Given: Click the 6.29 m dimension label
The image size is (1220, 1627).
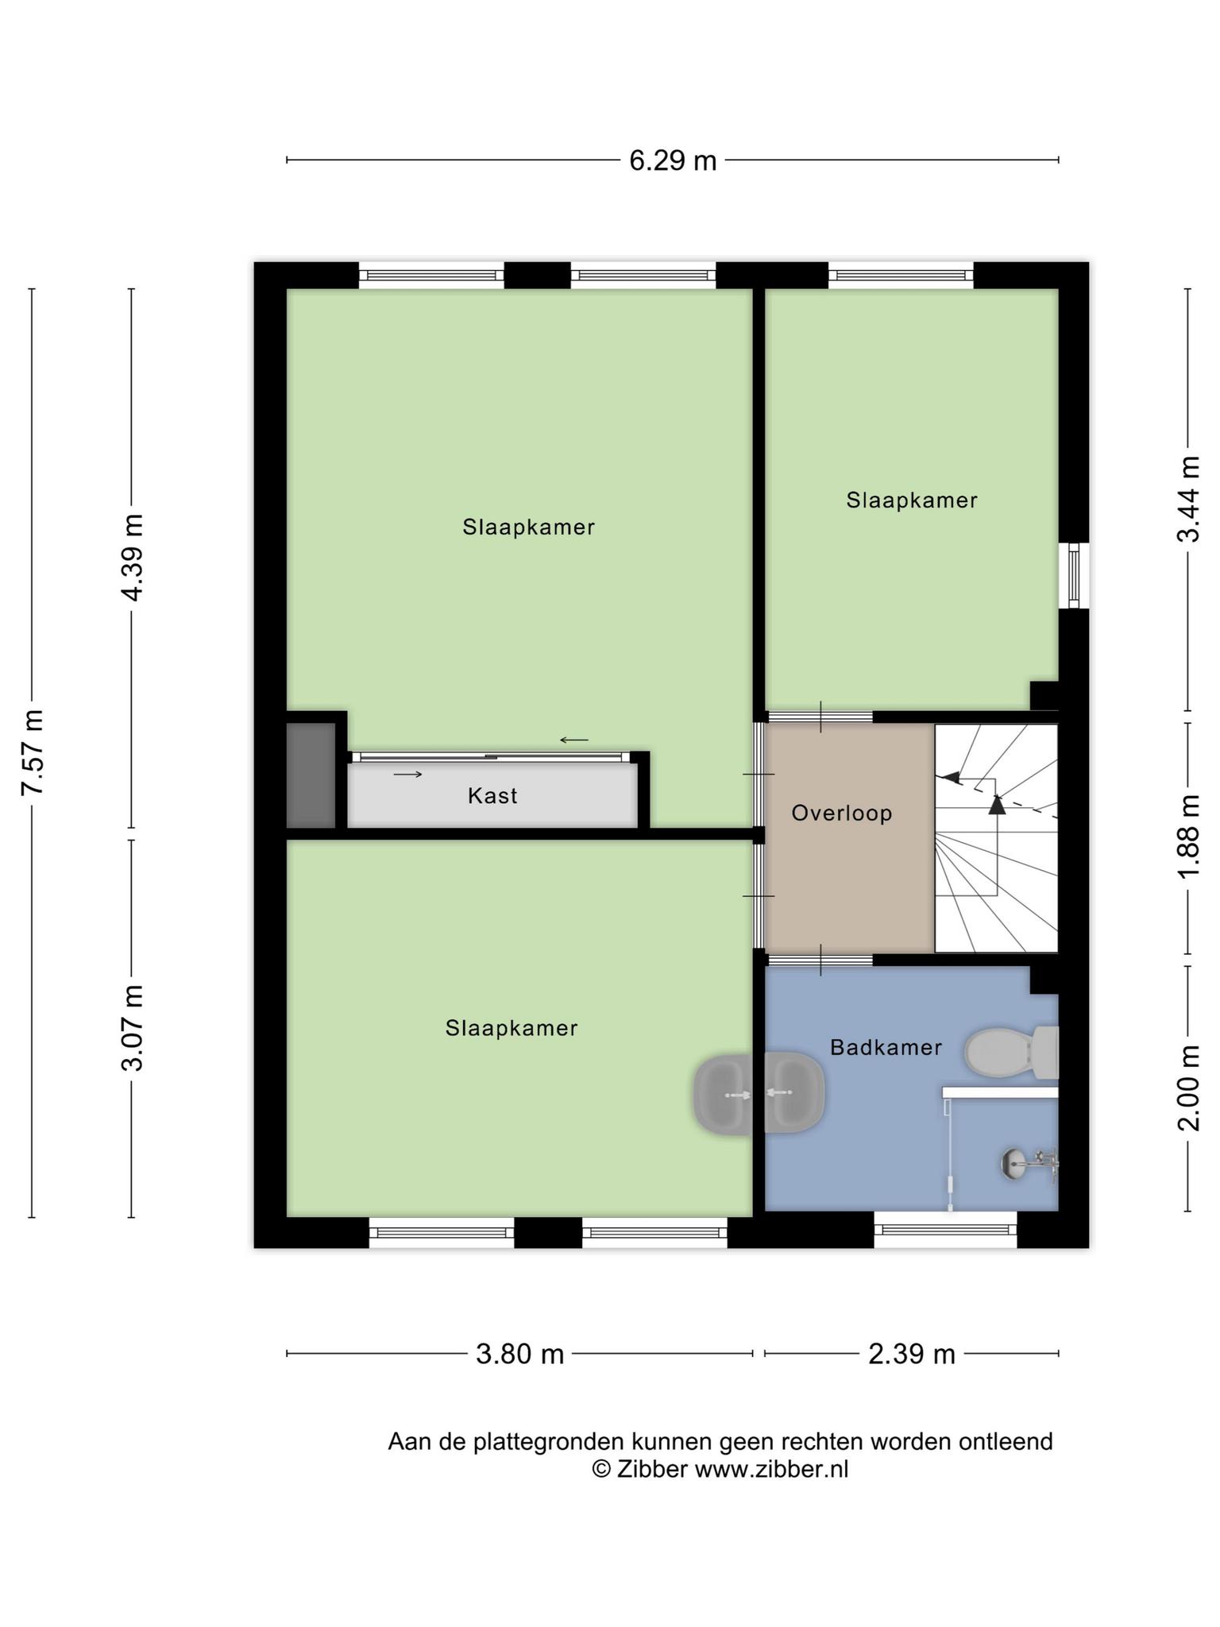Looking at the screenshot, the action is pyautogui.click(x=673, y=161).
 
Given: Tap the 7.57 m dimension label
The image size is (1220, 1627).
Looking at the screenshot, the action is pyautogui.click(x=33, y=751).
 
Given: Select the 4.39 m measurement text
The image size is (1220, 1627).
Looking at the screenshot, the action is pyautogui.click(x=133, y=557).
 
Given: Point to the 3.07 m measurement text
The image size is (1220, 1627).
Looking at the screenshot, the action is pyautogui.click(x=133, y=1028).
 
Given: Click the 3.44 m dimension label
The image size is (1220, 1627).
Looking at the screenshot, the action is pyautogui.click(x=1188, y=499).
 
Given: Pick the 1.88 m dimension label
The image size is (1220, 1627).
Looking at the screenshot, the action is pyautogui.click(x=1188, y=837).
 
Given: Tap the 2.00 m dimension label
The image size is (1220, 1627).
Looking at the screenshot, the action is pyautogui.click(x=1188, y=1088).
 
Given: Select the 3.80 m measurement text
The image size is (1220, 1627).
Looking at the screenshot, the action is pyautogui.click(x=519, y=1354).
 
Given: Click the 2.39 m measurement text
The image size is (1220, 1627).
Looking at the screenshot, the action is pyautogui.click(x=912, y=1354).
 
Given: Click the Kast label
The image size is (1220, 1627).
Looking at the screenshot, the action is pyautogui.click(x=492, y=796).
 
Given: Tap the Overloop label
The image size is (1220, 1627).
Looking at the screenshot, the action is pyautogui.click(x=842, y=813).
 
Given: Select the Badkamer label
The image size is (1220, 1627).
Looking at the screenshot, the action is pyautogui.click(x=886, y=1048).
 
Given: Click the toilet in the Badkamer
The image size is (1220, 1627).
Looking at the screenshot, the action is pyautogui.click(x=1011, y=1052).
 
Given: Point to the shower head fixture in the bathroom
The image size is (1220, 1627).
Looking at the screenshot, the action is pyautogui.click(x=1029, y=1164).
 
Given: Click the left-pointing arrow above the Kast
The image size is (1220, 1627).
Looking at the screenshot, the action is pyautogui.click(x=574, y=740).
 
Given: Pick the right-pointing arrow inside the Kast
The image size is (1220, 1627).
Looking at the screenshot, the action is pyautogui.click(x=407, y=774).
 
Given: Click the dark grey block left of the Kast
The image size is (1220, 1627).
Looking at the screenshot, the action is pyautogui.click(x=311, y=775).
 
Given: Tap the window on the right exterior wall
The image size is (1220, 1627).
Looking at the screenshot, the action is pyautogui.click(x=1075, y=575).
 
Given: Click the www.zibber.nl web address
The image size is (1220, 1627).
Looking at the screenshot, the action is pyautogui.click(x=771, y=1470).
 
